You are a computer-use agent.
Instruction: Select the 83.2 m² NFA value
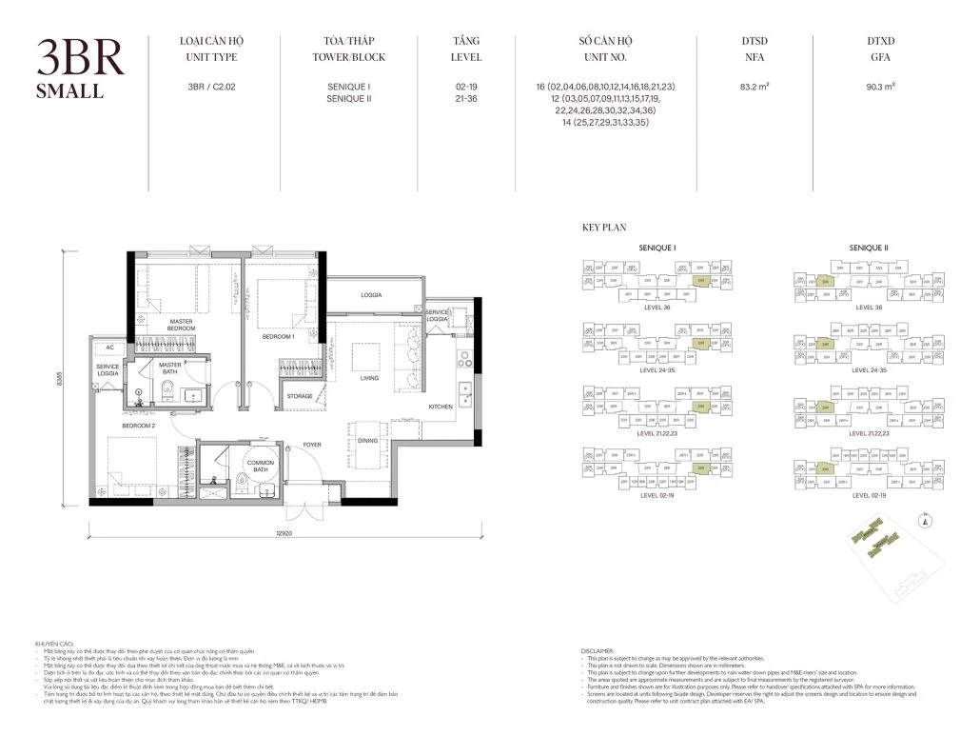coord(755,87)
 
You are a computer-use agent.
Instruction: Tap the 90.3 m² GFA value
coord(881,87)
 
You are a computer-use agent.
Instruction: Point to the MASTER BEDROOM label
coord(182,326)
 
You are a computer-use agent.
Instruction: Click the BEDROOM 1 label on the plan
coord(279,337)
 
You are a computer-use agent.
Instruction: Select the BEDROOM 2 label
coord(138,427)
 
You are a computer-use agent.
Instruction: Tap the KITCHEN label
coord(441,407)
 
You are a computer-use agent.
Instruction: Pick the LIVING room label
coord(369,378)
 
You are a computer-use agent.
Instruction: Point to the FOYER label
coord(313,444)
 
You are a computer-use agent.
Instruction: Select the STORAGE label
coord(300,396)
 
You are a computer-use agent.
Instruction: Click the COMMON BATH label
coord(260,467)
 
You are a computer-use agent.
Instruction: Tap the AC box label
coord(109,348)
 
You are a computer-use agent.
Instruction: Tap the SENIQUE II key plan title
coord(868,248)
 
